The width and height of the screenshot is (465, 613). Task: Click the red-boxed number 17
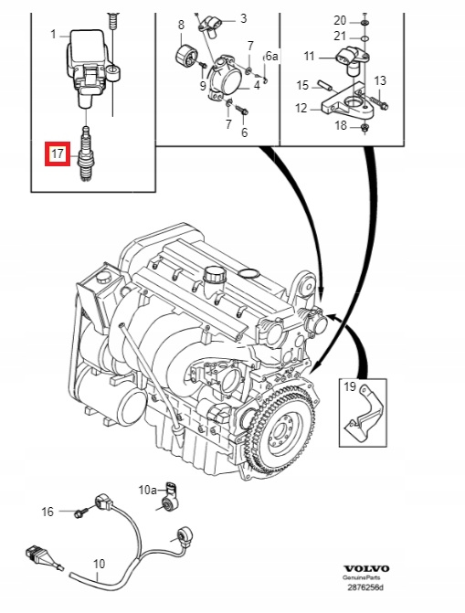point(58,153)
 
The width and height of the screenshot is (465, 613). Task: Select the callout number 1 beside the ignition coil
point(54,35)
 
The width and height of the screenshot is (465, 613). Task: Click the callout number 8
point(181,25)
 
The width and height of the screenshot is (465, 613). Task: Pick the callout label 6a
point(272,56)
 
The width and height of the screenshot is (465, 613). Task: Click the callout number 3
point(244,18)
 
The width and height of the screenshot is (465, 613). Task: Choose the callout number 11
point(309,57)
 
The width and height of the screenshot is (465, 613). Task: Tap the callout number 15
point(302,85)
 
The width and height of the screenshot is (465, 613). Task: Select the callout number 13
point(380,80)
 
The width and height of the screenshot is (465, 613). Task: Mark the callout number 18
point(341,125)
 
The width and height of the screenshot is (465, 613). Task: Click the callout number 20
point(340,20)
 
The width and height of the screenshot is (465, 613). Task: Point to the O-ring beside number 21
point(365,38)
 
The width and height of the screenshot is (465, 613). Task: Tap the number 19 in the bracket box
point(350,386)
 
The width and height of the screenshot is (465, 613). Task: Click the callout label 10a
point(147,490)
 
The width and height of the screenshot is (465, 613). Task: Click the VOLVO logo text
point(366,569)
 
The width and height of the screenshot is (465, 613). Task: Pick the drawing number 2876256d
point(366,587)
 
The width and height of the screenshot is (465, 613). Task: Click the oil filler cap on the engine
point(215,274)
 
